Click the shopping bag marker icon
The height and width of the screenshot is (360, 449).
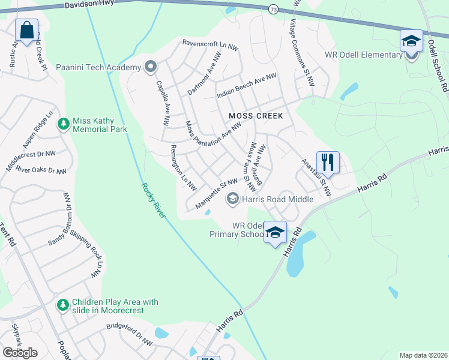[x=27, y=30]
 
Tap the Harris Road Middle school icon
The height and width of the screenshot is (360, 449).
[x=232, y=199]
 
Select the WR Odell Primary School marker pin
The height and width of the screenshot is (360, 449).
[x=275, y=233]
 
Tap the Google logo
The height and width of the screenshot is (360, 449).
[x=20, y=353]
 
